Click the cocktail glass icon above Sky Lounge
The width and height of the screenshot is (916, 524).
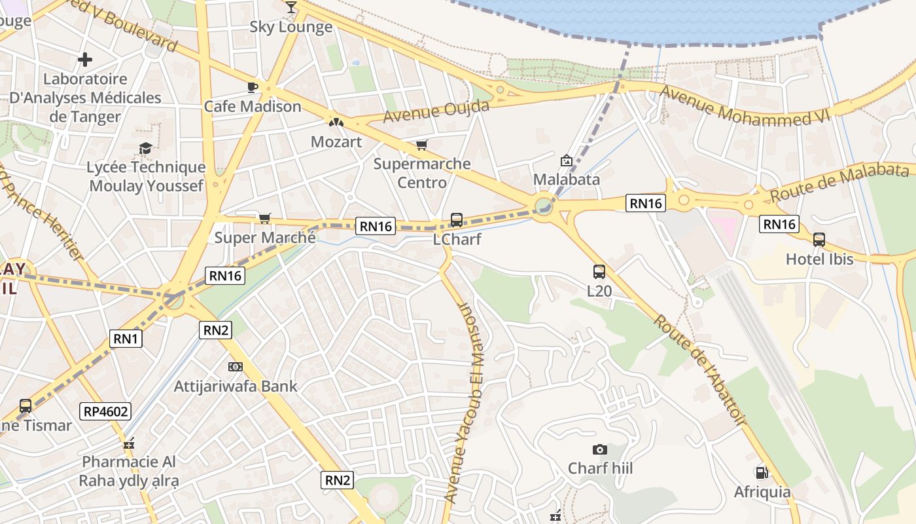[291, 7]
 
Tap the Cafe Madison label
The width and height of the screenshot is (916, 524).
[253, 106]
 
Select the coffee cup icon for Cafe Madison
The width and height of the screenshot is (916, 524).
[252, 87]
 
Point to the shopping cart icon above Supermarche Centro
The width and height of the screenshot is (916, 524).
[421, 145]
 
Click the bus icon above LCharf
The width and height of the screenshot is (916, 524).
[457, 220]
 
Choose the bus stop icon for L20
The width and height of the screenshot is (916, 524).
[599, 272]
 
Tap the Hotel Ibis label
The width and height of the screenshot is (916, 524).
[819, 259]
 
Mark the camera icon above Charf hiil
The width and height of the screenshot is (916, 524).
[599, 449]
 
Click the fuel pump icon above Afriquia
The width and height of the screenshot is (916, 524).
[762, 472]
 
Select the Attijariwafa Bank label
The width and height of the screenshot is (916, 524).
[236, 386]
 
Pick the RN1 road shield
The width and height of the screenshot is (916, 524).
[126, 338]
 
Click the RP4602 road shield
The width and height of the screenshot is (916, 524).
[106, 411]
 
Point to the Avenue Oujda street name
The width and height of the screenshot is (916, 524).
[436, 111]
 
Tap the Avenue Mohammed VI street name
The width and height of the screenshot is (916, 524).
[744, 107]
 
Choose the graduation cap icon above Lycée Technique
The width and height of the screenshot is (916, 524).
[146, 149]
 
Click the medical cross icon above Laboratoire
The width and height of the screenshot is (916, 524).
[84, 60]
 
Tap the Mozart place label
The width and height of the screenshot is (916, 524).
[336, 141]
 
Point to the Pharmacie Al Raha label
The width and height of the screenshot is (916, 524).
[129, 471]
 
